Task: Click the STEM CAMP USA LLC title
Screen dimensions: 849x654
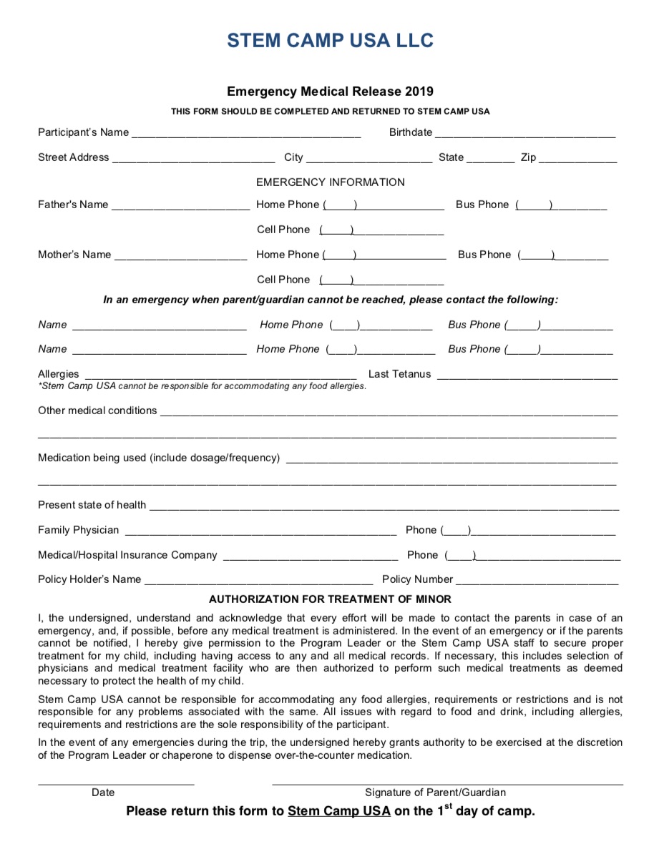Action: [x=330, y=41]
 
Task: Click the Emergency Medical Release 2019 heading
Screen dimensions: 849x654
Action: [x=330, y=92]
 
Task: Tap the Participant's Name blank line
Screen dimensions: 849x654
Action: [x=246, y=134]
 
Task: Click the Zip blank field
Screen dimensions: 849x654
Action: [x=578, y=159]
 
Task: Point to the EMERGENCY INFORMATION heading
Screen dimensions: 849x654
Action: [x=330, y=182]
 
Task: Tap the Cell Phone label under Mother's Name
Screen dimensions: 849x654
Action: [x=283, y=280]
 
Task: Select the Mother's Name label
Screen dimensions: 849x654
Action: [x=74, y=255]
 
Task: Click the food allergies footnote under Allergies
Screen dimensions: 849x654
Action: [x=202, y=386]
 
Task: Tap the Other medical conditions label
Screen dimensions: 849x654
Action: [x=97, y=411]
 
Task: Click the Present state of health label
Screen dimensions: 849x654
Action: [x=92, y=505]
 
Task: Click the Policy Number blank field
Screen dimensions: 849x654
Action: [x=537, y=581]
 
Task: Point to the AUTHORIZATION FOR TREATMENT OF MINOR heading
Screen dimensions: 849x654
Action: [x=330, y=599]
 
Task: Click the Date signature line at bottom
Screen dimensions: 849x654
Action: [x=116, y=784]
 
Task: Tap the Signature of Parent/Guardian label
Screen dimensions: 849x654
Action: [x=435, y=792]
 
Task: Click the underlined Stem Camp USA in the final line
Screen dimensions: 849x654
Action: [x=339, y=811]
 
